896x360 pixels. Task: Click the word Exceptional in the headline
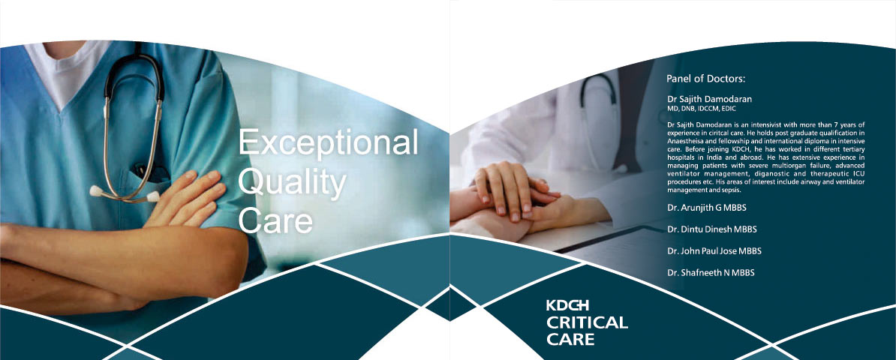(328, 142)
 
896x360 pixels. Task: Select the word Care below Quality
(275, 220)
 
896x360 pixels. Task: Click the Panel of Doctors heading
(706, 79)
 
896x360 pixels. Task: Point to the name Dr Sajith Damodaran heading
(709, 99)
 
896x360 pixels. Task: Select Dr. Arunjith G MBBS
(707, 208)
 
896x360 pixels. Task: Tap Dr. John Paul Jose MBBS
(714, 250)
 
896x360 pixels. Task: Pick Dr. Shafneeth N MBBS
(711, 272)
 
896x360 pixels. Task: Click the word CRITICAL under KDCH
(587, 322)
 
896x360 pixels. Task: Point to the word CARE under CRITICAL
(570, 340)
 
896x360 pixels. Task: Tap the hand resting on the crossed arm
(186, 197)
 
